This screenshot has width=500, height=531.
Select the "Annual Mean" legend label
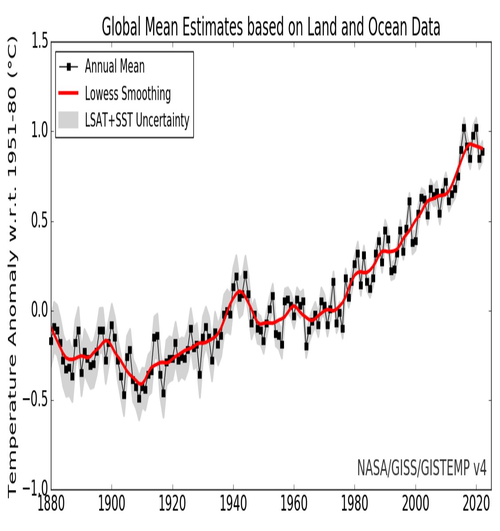[x=115, y=67]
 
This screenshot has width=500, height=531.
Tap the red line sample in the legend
[x=68, y=93]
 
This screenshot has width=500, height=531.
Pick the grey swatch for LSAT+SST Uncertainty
[x=68, y=120]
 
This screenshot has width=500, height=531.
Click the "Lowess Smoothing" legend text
[x=128, y=93]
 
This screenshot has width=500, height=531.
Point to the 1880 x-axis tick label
[x=51, y=504]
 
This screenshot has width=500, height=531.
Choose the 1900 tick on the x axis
[x=112, y=504]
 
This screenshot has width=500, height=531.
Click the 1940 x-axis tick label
[x=233, y=504]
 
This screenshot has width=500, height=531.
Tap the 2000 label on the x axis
[x=415, y=504]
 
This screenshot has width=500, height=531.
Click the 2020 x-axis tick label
[x=476, y=504]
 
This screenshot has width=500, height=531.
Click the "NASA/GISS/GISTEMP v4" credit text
[x=422, y=468]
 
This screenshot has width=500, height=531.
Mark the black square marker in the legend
[x=68, y=67]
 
